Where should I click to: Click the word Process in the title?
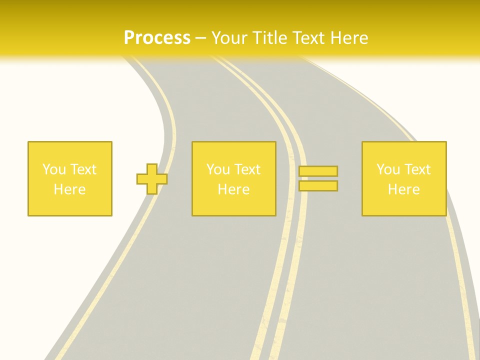(157, 38)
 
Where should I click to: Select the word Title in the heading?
(270, 38)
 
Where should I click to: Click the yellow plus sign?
(152, 179)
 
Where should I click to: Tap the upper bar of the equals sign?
(318, 171)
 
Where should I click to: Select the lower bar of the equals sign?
(318, 186)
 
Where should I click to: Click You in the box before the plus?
(54, 169)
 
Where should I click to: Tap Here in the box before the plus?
(70, 189)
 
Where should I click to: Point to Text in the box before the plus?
(83, 169)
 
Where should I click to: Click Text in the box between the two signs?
(247, 169)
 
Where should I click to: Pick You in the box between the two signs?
(218, 169)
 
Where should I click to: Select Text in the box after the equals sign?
(417, 169)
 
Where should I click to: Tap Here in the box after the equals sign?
(404, 189)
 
